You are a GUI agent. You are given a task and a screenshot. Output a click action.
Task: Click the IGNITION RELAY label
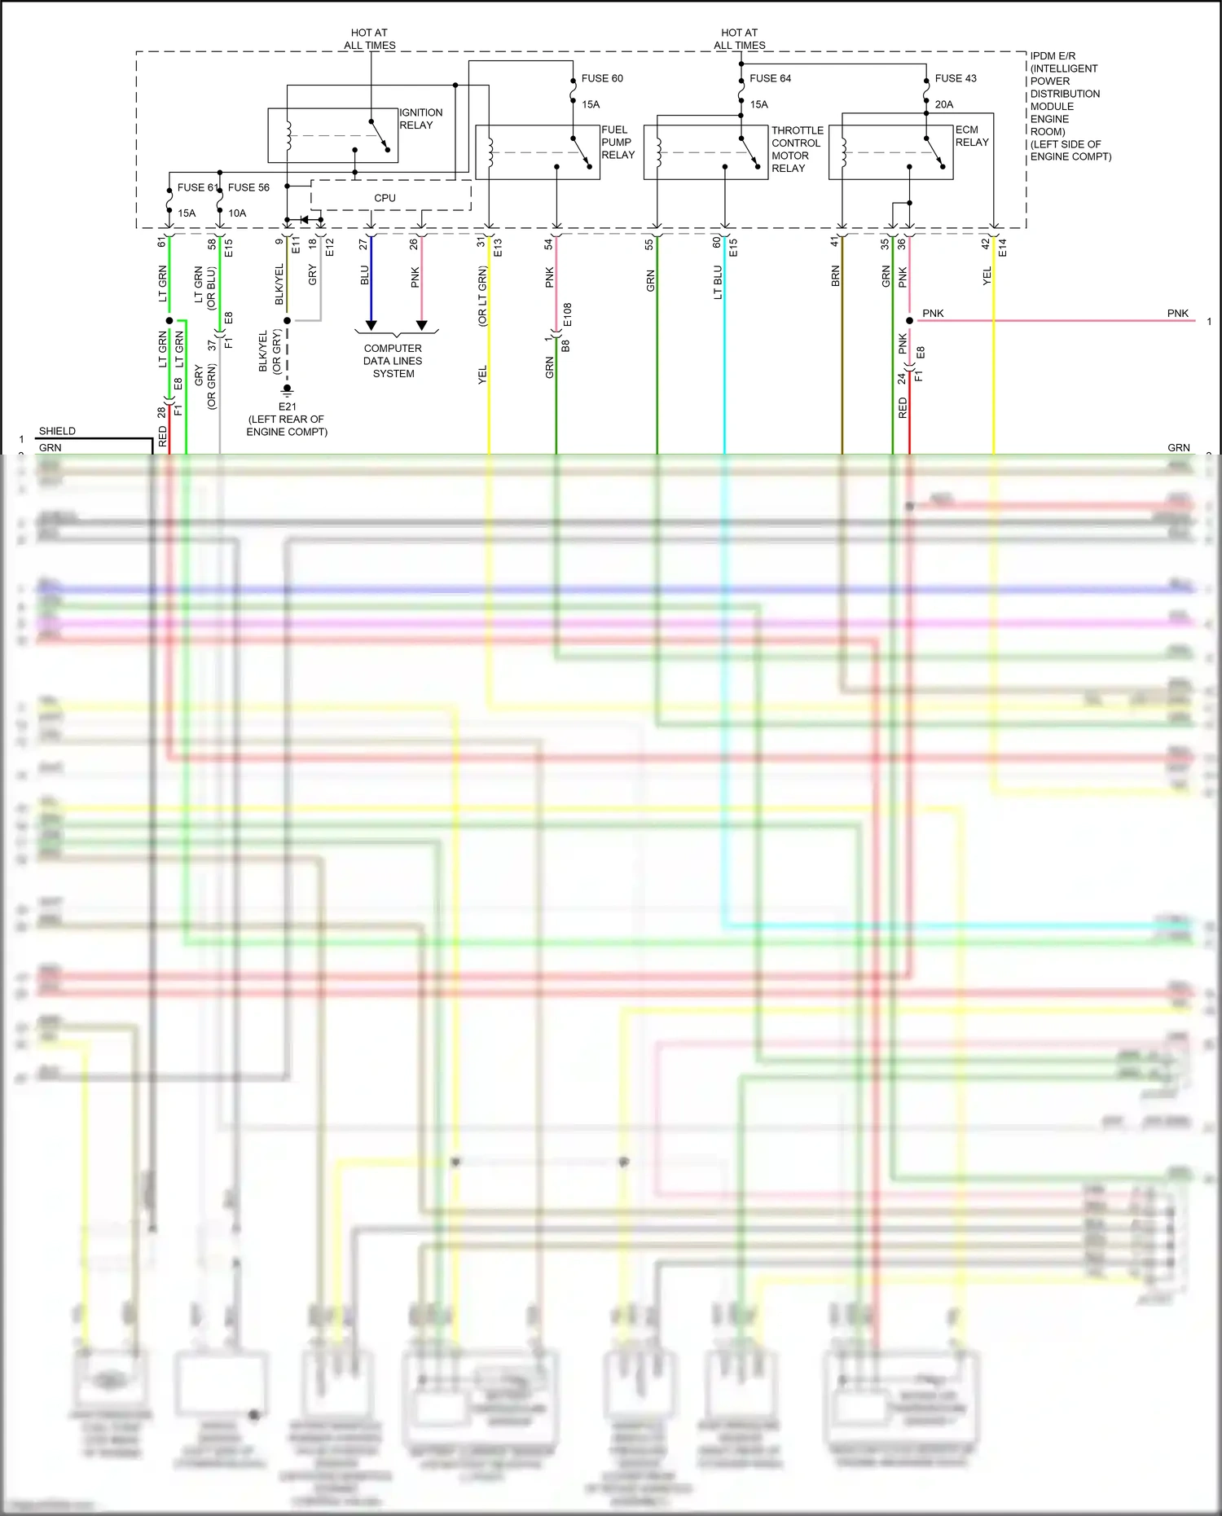coord(420,119)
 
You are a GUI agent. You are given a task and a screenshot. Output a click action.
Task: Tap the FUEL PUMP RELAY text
coord(618,143)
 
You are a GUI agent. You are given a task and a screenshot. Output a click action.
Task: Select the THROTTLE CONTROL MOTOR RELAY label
coord(797,149)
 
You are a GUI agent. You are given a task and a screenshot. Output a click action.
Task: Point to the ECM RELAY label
coord(971,136)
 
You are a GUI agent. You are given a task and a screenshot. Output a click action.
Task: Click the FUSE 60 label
coord(602,78)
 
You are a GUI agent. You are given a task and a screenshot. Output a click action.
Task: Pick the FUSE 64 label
coord(770,78)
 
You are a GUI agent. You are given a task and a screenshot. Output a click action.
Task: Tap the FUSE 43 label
coord(956,78)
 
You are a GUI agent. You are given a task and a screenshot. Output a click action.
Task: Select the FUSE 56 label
coord(248,187)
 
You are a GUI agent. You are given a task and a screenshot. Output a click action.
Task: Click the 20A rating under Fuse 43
coord(944,104)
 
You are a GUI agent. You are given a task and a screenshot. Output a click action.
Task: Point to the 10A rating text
coord(237,213)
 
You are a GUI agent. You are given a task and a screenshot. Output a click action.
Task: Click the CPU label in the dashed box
coord(385,198)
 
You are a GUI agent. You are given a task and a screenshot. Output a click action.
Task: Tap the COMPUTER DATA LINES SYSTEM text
coord(393,361)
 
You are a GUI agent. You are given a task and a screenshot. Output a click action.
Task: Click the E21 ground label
coord(287,406)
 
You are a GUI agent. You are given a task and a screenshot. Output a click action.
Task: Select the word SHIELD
coord(57,431)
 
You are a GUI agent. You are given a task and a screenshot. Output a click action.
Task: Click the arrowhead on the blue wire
coord(371,325)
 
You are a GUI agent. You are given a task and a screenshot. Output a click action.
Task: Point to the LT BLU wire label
coord(718,282)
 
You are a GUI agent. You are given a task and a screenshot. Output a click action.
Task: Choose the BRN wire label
coord(835,276)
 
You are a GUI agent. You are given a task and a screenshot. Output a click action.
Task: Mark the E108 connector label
coord(567,314)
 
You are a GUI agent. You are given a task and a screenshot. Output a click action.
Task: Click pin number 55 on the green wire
coord(649,244)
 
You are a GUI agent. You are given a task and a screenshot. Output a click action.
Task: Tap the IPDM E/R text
coord(1053,56)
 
